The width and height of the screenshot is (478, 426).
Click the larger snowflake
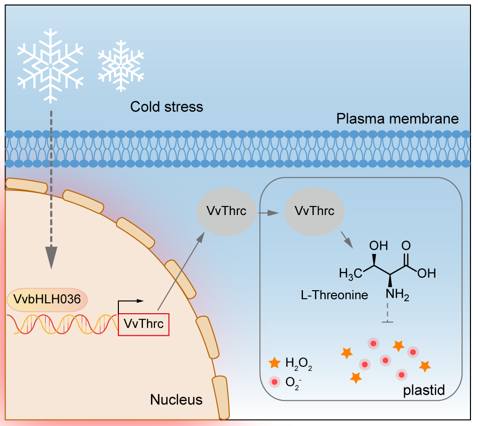point(51,65)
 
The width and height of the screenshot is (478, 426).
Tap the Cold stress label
point(167,107)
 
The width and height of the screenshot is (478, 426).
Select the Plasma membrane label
point(397,119)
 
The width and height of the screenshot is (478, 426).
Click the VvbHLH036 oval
point(47,299)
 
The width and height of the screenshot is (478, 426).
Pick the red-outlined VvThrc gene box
point(143,323)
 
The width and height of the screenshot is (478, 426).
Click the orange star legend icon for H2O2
point(274,362)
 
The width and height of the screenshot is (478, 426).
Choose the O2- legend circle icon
point(274,382)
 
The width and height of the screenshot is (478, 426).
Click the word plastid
point(424,390)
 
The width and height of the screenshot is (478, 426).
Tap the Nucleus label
point(176,399)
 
